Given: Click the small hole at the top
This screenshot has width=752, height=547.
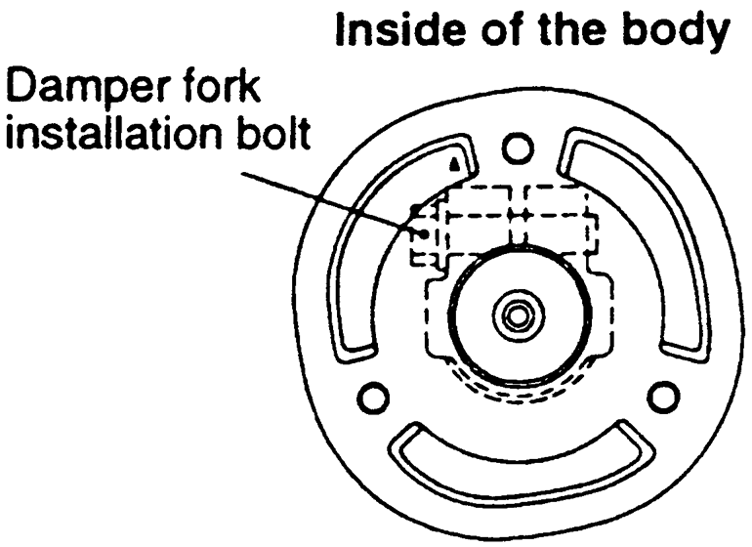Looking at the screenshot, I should [x=519, y=147].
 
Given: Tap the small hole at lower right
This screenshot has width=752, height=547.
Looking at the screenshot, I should [x=663, y=395].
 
